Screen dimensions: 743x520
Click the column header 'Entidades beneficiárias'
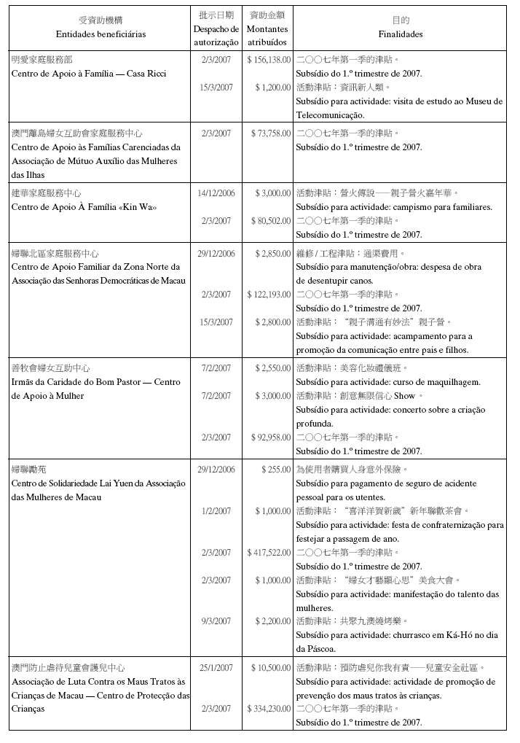tap(101, 34)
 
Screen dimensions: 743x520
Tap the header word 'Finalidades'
tap(400, 34)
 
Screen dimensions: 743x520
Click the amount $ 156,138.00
tap(269, 60)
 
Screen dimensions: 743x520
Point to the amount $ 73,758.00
tap(271, 133)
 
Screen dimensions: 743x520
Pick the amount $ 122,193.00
tap(269, 295)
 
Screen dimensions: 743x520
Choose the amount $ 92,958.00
tap(271, 437)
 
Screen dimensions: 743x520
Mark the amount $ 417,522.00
tap(269, 553)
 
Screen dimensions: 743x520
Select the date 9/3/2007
tap(216, 621)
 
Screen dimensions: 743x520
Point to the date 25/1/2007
tap(216, 668)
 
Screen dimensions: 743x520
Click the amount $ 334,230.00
tap(269, 709)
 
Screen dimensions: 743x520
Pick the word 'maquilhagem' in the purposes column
tap(455, 382)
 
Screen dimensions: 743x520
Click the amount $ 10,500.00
tap(271, 668)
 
